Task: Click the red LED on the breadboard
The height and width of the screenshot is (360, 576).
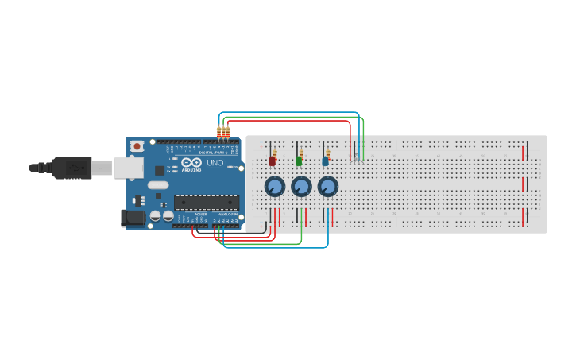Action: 272,161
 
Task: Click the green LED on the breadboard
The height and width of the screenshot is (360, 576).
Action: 299,161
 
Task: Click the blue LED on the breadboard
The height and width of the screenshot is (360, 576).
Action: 325,161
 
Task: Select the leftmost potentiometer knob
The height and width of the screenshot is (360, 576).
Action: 274,187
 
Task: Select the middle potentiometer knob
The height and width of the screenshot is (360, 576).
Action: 301,187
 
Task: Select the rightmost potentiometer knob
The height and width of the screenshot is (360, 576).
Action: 327,187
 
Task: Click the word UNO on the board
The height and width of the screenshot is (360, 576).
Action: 215,163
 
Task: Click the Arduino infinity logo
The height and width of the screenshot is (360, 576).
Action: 191,161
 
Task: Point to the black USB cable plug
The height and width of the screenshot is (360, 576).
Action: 72,168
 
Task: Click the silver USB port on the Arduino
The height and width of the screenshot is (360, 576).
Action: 128,167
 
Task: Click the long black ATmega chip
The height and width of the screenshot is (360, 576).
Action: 207,202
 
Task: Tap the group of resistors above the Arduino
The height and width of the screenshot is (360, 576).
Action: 223,133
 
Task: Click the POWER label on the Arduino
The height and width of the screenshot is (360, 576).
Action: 201,214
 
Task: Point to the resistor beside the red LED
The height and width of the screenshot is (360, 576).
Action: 276,153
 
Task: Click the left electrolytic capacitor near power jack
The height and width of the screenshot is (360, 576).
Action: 156,215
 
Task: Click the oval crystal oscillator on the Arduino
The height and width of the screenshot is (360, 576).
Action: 158,185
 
